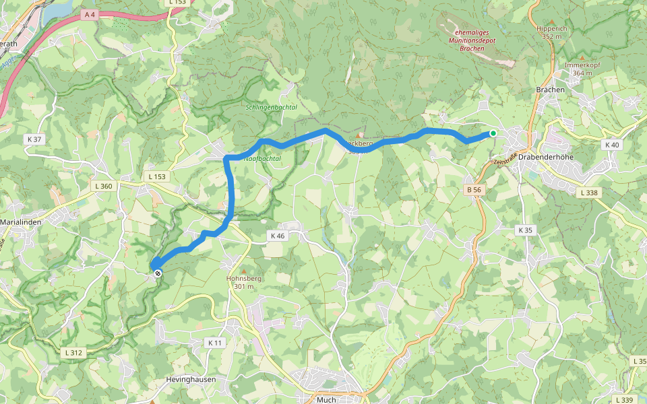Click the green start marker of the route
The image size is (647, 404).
coord(493,133)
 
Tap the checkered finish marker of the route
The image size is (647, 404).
coord(157,273)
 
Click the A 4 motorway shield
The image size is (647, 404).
coord(89,14)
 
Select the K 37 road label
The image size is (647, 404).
coord(34,139)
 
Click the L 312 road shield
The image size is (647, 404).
coord(74,352)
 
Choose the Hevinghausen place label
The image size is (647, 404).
coord(191,380)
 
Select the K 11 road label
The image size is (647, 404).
coord(214,343)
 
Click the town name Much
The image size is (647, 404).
coord(326,399)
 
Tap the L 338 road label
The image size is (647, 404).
coord(588,193)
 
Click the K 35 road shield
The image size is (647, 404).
coord(525,230)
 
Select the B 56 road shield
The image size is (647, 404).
coord(474,190)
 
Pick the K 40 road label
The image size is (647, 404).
coord(611,145)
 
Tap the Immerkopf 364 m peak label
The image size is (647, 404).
coord(582,69)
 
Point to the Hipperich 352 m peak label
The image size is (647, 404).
coord(552,33)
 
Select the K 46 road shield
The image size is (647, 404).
coord(278,236)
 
